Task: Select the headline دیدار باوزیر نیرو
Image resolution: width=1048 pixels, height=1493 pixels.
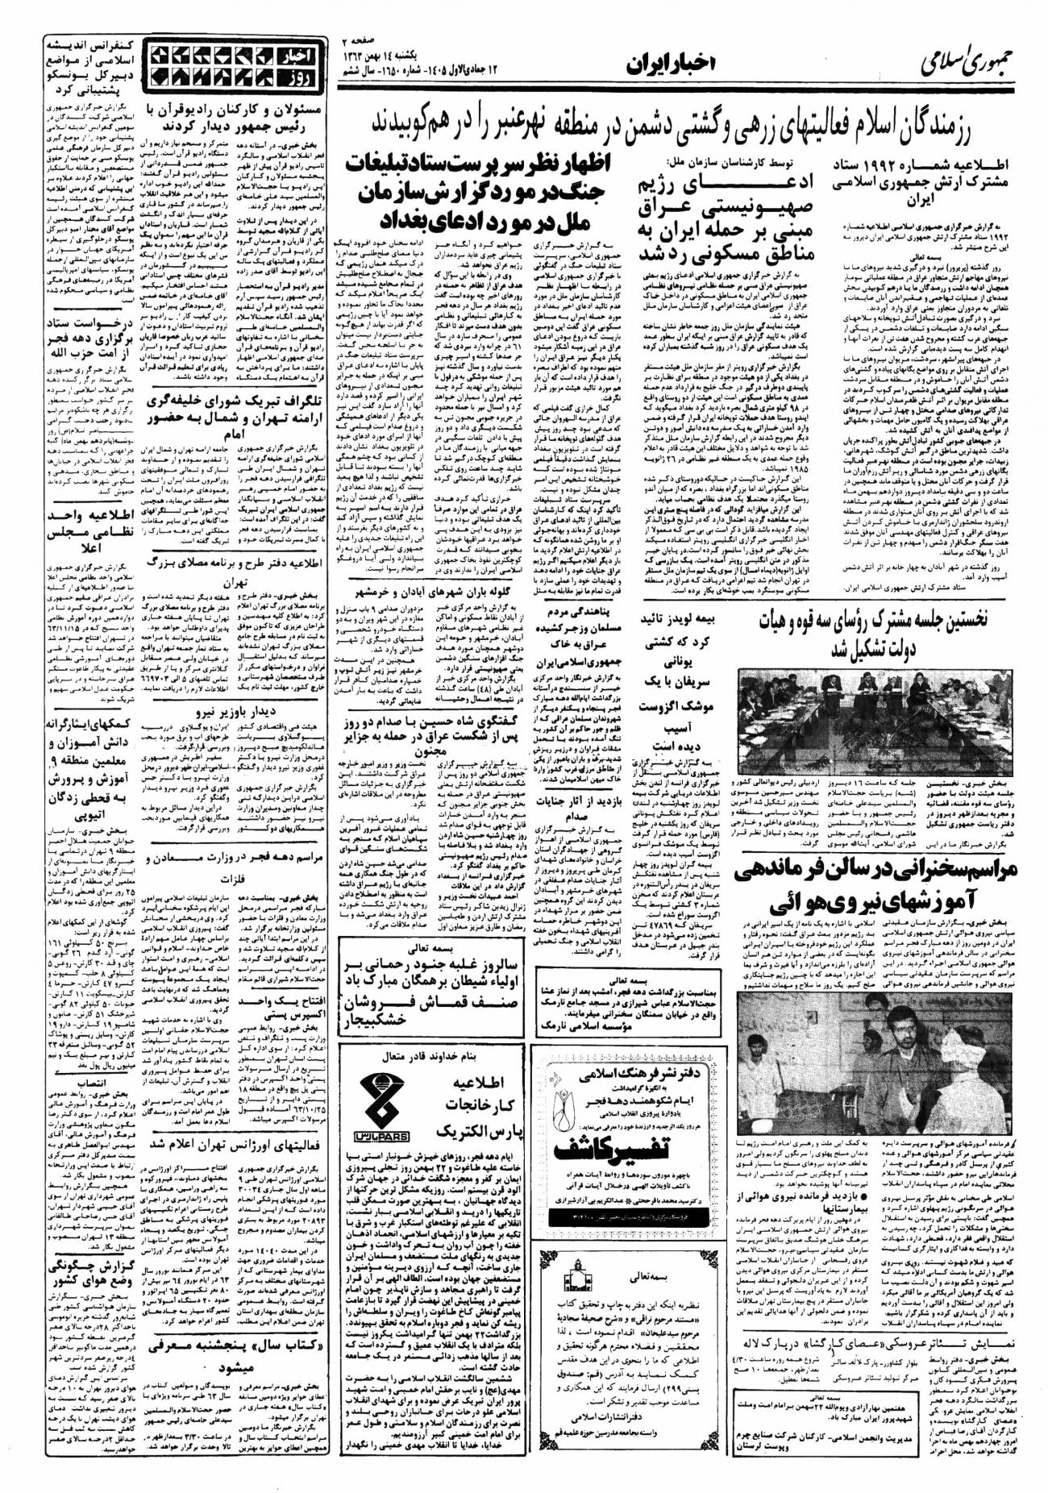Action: click(x=233, y=712)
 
